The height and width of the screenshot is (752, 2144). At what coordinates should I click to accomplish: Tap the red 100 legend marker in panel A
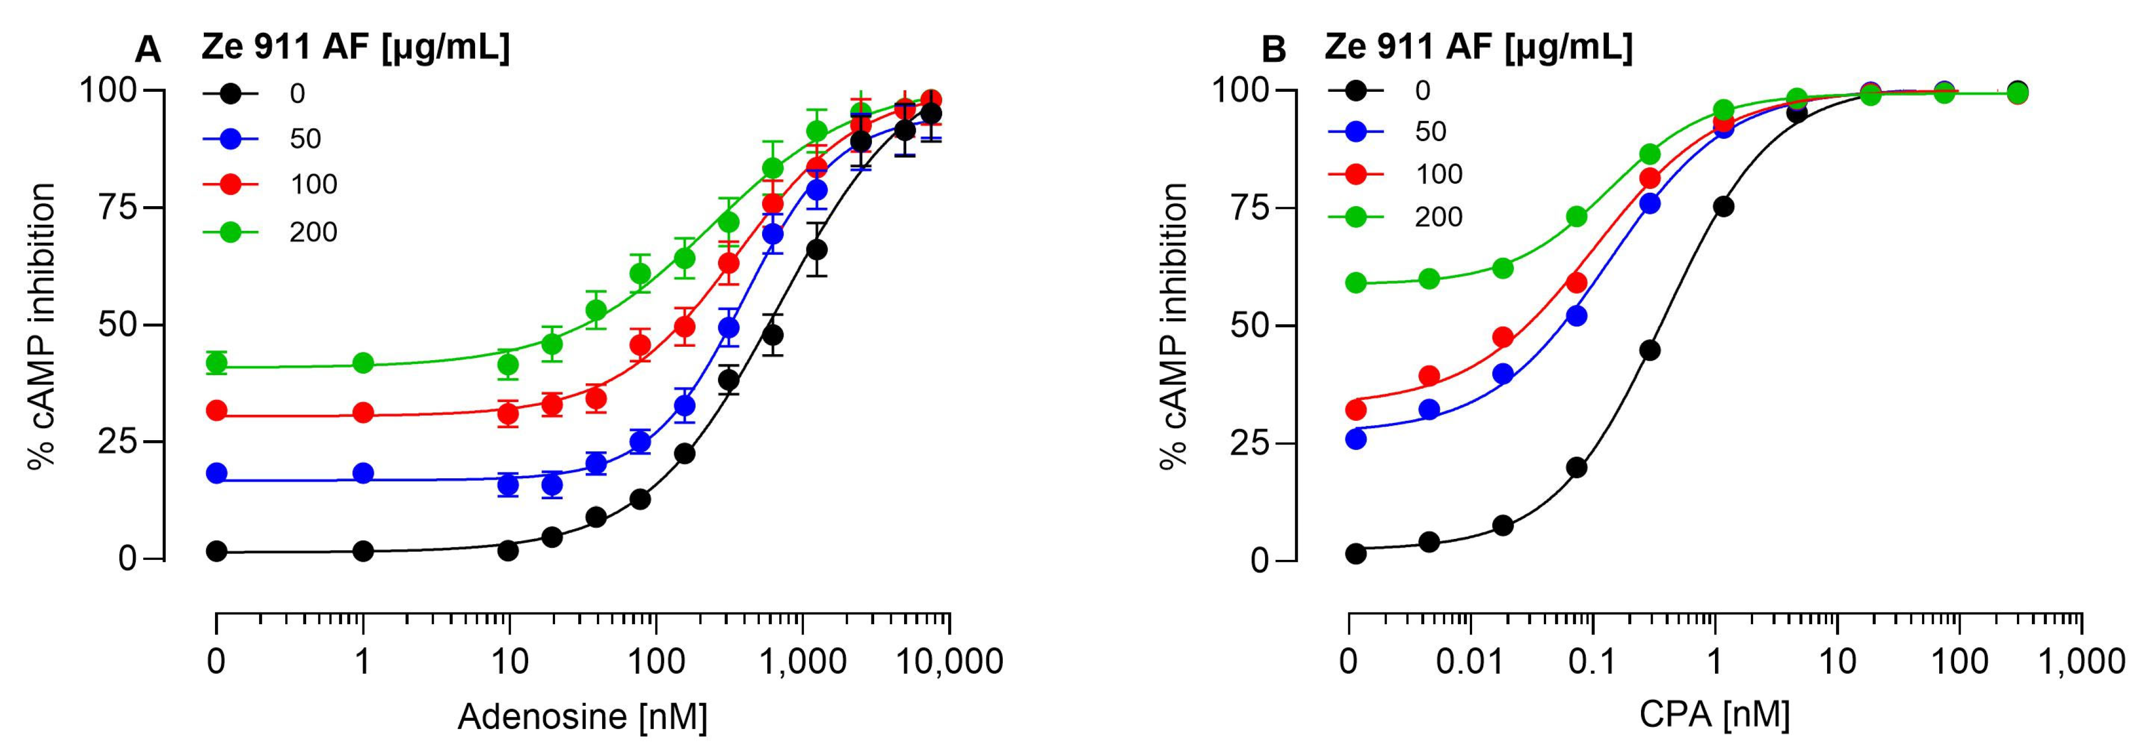point(231,185)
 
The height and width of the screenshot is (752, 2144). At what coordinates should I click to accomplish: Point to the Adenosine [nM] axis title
point(582,716)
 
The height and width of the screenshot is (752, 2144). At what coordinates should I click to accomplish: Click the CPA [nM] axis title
point(1714,714)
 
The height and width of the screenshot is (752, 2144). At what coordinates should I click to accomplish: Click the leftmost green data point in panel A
point(217,363)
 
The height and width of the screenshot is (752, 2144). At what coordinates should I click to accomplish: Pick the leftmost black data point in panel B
point(1356,553)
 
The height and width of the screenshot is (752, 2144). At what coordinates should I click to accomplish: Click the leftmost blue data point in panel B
point(1356,439)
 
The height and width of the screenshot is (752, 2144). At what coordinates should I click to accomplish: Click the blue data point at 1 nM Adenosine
point(363,473)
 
